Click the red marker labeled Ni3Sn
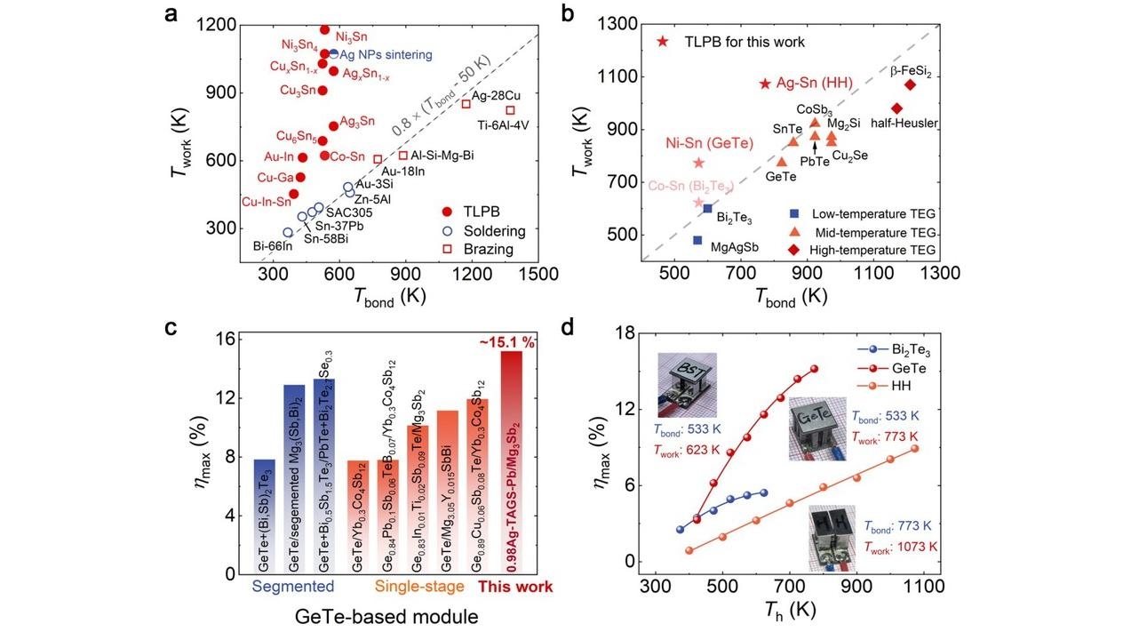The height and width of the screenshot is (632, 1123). [x=325, y=30]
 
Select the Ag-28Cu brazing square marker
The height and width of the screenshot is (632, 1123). [x=466, y=104]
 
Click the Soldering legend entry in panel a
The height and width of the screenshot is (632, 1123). [x=488, y=231]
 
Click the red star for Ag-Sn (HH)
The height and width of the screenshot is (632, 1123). [x=765, y=84]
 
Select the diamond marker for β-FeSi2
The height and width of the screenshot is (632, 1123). [x=911, y=84]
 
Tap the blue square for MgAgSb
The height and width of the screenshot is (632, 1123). [x=698, y=240]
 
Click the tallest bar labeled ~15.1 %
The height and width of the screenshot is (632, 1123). [x=512, y=462]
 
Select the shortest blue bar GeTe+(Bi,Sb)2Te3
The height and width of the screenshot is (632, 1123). [x=264, y=516]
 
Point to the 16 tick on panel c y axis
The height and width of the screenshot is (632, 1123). [x=228, y=339]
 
